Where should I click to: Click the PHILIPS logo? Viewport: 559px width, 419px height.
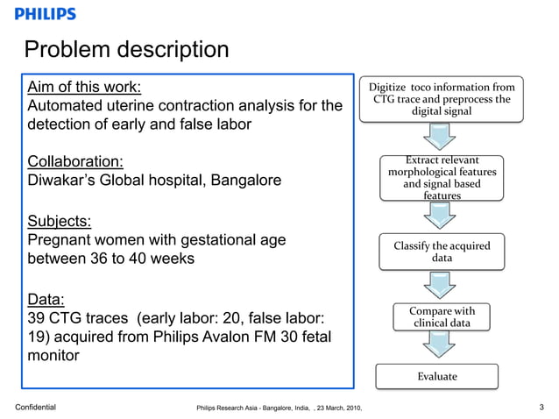click(45, 14)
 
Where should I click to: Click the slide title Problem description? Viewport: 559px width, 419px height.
click(126, 49)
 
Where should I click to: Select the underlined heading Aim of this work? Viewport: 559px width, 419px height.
click(84, 87)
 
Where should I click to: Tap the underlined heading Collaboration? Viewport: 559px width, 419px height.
click(75, 162)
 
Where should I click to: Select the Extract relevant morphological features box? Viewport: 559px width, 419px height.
click(442, 178)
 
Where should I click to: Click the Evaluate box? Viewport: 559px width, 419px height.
click(436, 376)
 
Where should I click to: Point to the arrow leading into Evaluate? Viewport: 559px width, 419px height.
click(437, 348)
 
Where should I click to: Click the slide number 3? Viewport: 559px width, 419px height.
click(542, 407)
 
